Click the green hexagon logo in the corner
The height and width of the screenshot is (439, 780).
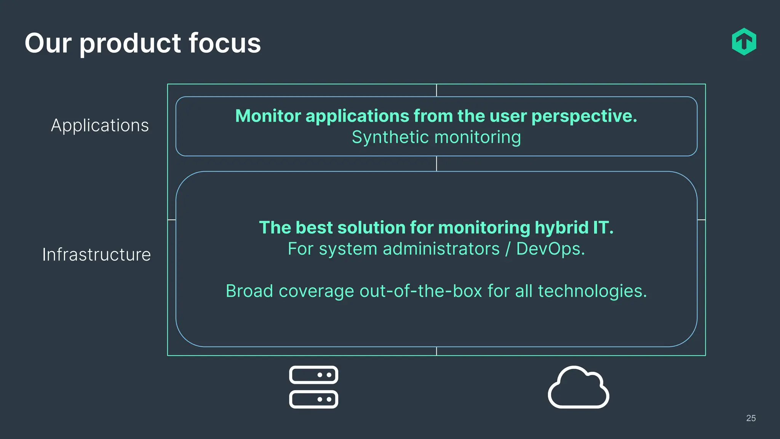[x=744, y=42]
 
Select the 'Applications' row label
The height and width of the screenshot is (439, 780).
[x=100, y=125]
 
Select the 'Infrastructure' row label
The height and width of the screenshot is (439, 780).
[x=96, y=255]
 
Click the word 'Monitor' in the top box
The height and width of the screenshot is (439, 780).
[x=268, y=116]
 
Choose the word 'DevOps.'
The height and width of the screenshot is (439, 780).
[x=550, y=249]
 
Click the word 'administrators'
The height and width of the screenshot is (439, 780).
[x=441, y=249]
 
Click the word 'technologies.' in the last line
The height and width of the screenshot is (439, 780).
[x=592, y=292]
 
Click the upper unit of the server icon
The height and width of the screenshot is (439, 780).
[x=313, y=375]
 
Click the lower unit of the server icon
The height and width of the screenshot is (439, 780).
[x=313, y=399]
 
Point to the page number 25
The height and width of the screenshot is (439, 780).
[x=751, y=418]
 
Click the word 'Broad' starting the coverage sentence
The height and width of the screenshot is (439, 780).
[x=249, y=291]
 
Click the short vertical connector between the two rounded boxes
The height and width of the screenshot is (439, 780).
[x=436, y=163]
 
